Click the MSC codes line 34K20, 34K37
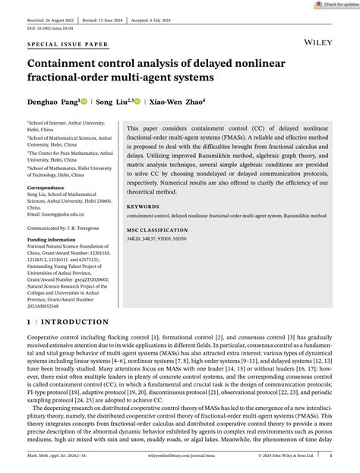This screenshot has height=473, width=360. click(x=163, y=240)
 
